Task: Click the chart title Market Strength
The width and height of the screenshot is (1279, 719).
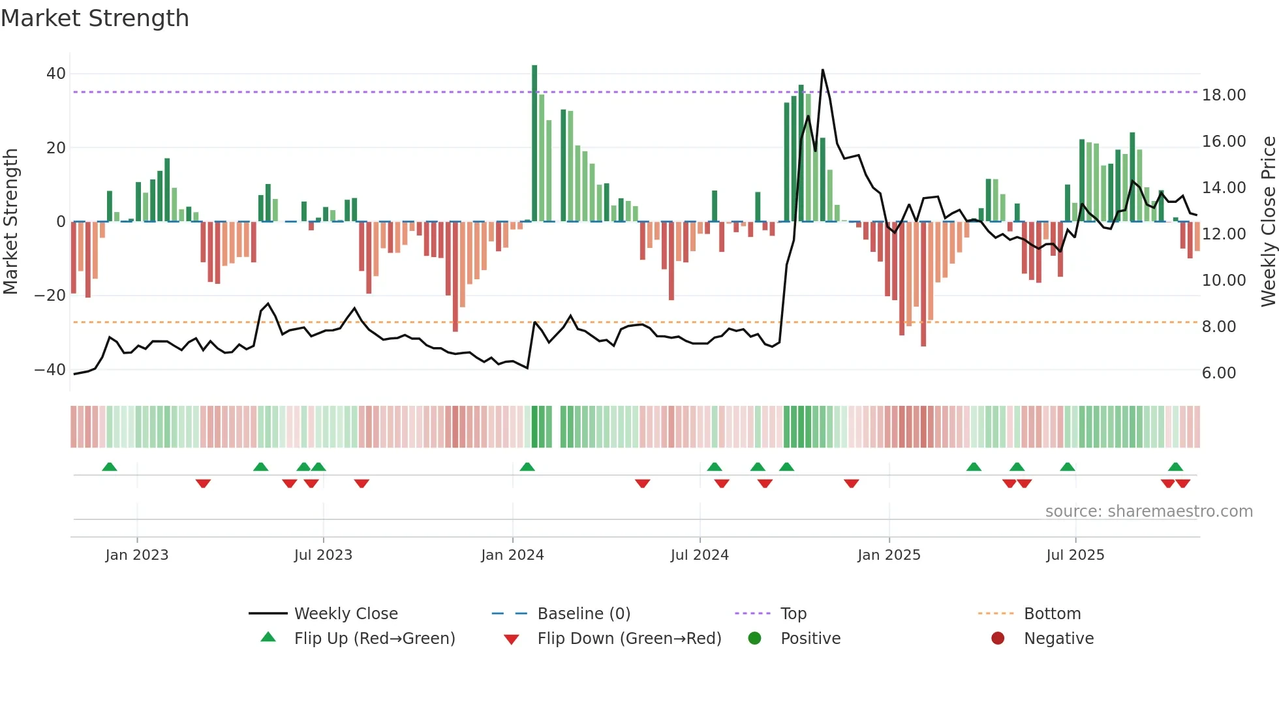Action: click(x=95, y=18)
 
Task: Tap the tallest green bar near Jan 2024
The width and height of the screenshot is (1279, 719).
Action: click(x=534, y=143)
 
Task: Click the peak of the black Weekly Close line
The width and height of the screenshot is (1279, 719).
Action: click(x=822, y=70)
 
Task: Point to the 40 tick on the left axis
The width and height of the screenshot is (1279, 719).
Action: click(x=56, y=74)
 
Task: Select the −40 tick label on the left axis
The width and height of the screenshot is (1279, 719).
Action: click(x=50, y=370)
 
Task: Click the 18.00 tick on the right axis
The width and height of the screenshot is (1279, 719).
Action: click(x=1224, y=95)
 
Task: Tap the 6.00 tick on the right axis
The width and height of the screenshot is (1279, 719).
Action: click(x=1219, y=373)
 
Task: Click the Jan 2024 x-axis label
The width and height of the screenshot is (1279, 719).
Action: click(x=512, y=555)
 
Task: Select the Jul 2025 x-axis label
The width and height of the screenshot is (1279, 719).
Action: click(x=1075, y=555)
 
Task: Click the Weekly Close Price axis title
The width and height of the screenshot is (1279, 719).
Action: click(x=1268, y=221)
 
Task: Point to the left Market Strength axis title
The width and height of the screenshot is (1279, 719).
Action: click(x=11, y=221)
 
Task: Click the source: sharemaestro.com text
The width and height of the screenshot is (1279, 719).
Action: click(x=1148, y=512)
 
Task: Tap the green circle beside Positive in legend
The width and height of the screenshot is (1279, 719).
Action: click(x=754, y=639)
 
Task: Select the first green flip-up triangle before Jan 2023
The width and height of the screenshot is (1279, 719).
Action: click(x=110, y=467)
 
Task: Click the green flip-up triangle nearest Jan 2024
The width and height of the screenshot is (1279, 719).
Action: click(x=527, y=467)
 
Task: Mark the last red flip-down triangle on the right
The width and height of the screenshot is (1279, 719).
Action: click(x=1183, y=483)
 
